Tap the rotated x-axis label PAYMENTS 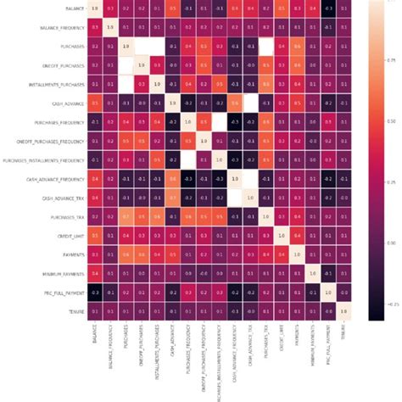(x=296, y=340)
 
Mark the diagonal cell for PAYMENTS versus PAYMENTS (x=296, y=254)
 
